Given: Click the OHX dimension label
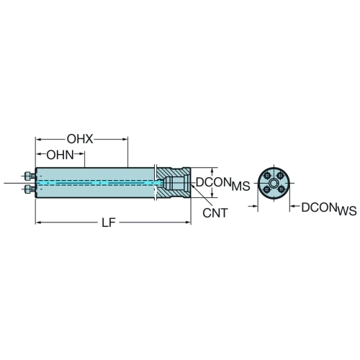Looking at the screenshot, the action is click(80, 139).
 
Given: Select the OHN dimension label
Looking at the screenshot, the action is click(60, 155).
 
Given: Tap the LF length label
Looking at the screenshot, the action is click(109, 222).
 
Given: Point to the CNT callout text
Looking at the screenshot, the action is click(215, 213).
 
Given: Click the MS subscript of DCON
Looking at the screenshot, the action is click(240, 186).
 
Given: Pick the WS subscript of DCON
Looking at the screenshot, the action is click(347, 211).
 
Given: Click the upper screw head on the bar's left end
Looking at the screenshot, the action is click(28, 176).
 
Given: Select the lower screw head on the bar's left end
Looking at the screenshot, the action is click(28, 189).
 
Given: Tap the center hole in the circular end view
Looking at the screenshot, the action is click(274, 183).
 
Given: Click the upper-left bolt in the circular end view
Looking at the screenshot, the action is click(267, 176).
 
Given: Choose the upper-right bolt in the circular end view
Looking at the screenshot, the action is click(280, 176).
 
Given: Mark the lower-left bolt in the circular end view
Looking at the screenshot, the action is click(267, 190).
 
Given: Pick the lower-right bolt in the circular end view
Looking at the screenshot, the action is click(280, 190).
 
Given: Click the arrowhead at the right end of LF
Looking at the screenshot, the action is click(188, 222).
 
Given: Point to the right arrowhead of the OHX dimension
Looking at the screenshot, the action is click(125, 139).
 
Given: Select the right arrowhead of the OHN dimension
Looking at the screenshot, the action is click(82, 153).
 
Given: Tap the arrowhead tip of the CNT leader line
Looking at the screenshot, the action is click(192, 185).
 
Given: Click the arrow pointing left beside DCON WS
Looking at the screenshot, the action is click(292, 206).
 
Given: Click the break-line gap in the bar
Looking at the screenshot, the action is click(155, 183).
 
